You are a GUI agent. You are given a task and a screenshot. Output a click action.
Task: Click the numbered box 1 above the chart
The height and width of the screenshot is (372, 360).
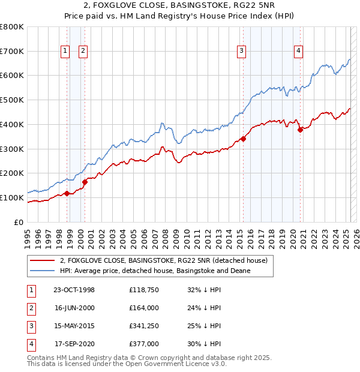[64, 52]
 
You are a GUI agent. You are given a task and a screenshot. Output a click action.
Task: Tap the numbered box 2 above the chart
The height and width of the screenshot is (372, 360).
[83, 52]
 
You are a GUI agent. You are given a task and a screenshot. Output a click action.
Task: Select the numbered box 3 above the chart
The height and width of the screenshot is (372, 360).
[241, 52]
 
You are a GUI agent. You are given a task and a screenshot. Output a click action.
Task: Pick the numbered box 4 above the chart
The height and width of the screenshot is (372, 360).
[298, 52]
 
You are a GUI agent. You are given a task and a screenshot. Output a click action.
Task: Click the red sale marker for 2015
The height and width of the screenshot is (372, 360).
[243, 139]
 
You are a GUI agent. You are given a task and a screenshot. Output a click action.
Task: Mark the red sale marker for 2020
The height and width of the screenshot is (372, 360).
[300, 130]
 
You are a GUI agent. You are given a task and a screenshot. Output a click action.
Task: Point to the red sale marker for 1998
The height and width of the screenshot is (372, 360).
[67, 193]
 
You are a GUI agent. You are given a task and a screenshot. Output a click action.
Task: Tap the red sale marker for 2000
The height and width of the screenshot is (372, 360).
[85, 182]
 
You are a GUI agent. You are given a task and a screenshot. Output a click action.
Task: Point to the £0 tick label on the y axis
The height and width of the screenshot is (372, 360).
[19, 222]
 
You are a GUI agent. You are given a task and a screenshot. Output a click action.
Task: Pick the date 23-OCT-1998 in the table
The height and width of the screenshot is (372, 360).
[74, 290]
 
